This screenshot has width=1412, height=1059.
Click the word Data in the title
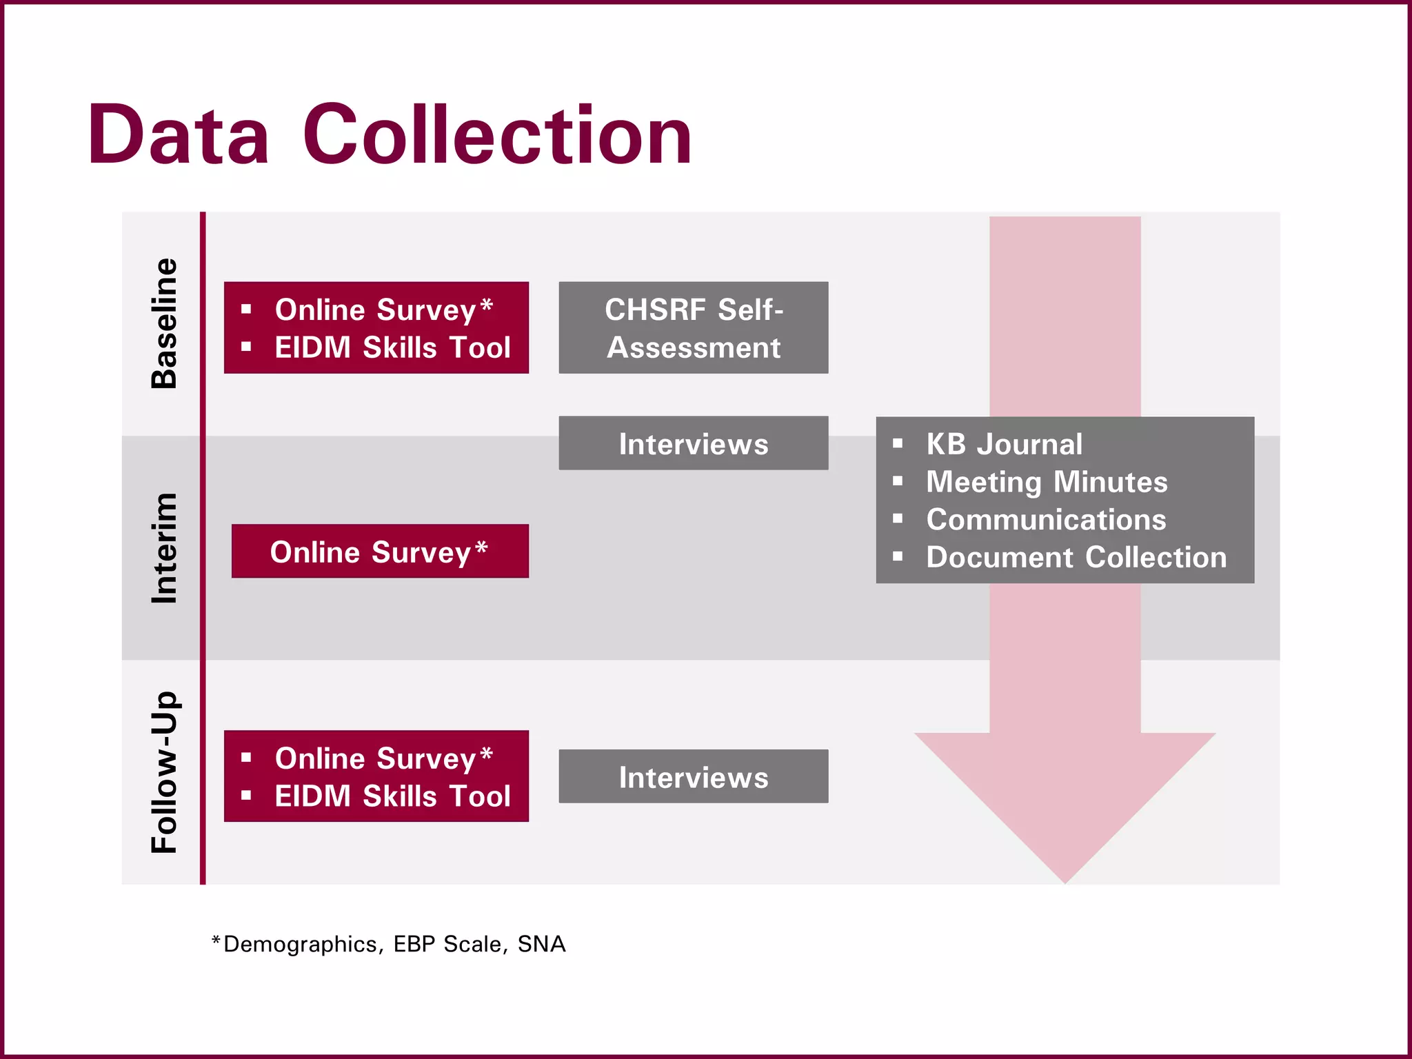[x=178, y=135]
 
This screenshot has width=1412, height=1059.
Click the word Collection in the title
[x=497, y=135]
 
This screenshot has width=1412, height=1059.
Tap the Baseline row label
[x=164, y=323]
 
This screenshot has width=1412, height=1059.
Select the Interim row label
[x=164, y=548]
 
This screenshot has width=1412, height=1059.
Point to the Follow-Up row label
[x=164, y=772]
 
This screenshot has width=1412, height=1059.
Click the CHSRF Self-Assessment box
[x=693, y=328]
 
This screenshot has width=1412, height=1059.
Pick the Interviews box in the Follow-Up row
[x=693, y=777]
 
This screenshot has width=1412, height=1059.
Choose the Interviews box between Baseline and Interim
[x=693, y=443]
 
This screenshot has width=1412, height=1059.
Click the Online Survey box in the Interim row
[x=380, y=552]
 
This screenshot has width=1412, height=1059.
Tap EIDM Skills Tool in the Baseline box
[x=392, y=347]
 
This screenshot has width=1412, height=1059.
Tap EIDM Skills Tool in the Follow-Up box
[x=392, y=796]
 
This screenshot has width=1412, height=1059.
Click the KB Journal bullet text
[x=1004, y=444]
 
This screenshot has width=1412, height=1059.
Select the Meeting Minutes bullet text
[x=1047, y=482]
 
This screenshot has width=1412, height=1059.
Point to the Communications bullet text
[x=1046, y=520]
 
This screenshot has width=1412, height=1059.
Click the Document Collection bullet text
[x=1076, y=557]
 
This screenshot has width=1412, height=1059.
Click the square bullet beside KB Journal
[x=898, y=444]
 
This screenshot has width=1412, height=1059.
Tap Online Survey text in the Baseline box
[x=376, y=310]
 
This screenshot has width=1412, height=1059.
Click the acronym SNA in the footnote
[x=541, y=944]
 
